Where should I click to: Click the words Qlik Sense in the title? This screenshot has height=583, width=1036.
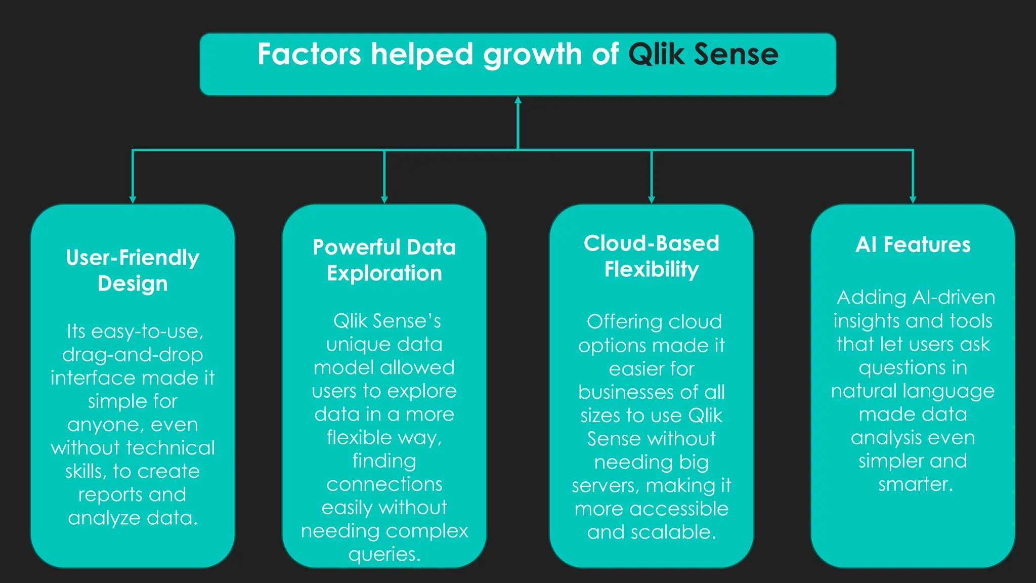pos(703,54)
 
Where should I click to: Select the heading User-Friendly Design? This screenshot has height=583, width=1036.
pos(133,270)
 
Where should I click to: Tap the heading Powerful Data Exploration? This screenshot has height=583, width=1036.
pos(384,260)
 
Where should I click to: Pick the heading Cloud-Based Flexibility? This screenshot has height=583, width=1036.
pos(652,256)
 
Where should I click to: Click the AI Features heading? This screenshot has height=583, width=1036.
pos(913,244)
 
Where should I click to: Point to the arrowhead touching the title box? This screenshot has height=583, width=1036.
pos(518,100)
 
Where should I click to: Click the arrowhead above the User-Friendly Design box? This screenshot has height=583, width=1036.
pos(133,200)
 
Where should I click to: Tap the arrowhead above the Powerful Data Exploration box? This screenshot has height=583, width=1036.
pos(384,200)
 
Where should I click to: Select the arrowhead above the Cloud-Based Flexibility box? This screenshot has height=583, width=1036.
pos(652,200)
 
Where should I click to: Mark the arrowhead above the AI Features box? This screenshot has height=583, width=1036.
pos(913,200)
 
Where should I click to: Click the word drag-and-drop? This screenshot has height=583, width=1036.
pos(133,355)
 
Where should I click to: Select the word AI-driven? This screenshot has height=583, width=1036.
pos(954,297)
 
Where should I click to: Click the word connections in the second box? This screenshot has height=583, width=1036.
pos(384,484)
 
